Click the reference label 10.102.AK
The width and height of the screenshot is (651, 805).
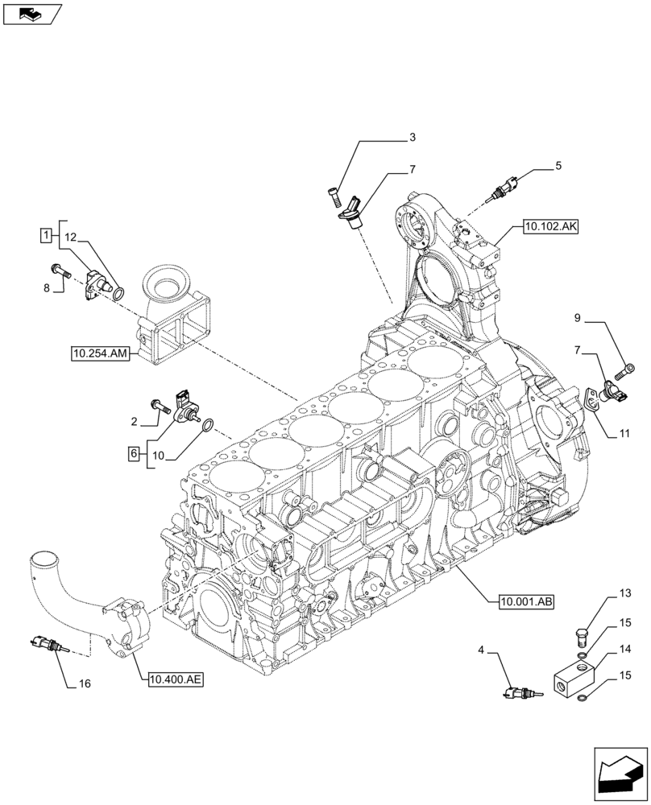tap(550, 227)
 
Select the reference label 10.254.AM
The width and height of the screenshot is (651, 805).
tap(100, 353)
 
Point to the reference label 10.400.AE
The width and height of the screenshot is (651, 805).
tap(176, 679)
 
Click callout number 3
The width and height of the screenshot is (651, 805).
tap(412, 138)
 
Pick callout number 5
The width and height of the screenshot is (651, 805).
tap(558, 167)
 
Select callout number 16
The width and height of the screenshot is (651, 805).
tap(85, 684)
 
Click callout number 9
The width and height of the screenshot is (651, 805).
tap(577, 318)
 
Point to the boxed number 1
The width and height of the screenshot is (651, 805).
tap(47, 235)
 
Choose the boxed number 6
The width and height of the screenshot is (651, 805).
tap(132, 453)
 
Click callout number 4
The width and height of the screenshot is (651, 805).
tap(481, 650)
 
